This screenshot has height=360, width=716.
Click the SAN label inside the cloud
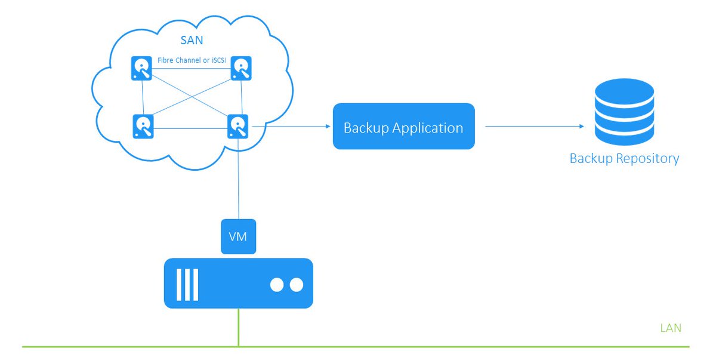coord(192,40)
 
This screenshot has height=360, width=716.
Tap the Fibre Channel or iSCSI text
coord(192,60)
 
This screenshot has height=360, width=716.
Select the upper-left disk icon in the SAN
coord(141,68)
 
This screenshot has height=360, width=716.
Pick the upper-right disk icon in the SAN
coord(241,68)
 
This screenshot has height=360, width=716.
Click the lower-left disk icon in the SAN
coord(143,127)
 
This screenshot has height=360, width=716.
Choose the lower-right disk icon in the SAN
coord(238,127)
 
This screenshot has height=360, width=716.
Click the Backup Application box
coord(404,126)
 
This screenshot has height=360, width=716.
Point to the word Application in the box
coord(428,128)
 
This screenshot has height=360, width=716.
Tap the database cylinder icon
coord(624,112)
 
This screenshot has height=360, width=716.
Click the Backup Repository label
coord(624,159)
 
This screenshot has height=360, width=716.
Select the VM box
coord(239,236)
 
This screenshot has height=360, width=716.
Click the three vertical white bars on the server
coord(187,285)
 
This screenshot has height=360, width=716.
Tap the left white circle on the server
coord(277,285)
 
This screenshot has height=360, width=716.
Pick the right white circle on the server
coord(297,285)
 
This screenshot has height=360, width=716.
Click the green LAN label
coord(671,328)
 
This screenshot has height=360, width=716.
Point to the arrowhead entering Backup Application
coord(328,127)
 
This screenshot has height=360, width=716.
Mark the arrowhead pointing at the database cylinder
coord(582,127)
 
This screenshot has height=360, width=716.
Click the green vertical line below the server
coord(239,327)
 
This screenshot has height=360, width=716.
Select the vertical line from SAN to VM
coord(239,179)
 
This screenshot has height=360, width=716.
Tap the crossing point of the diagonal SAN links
coord(192,96)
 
